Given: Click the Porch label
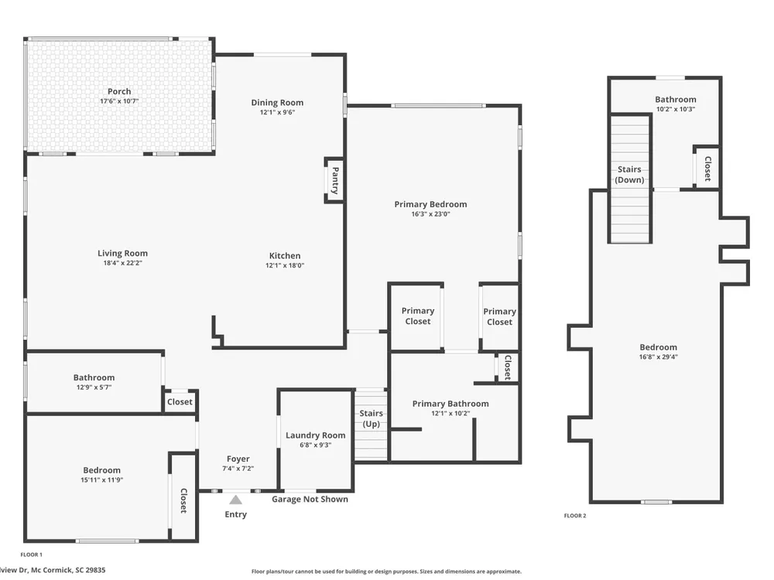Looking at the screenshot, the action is pos(119,91).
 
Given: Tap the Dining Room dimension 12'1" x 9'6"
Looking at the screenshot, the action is pos(277,112).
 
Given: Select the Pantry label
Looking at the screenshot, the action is pos(335,180).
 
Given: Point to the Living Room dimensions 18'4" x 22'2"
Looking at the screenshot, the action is pos(122,263).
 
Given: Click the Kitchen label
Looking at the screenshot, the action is pos(285,255).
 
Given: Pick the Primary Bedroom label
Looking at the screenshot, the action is pos(430,204).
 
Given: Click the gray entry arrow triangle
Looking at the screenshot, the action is pos(236,500).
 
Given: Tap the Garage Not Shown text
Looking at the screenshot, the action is pos(310,499).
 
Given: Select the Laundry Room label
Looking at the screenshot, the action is pos(316,435).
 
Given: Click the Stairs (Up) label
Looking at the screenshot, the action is pos(372,418).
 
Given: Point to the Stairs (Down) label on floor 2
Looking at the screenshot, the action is pos(629,175).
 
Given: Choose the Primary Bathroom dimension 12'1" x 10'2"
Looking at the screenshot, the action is pos(450,413).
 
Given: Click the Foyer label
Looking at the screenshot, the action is pos(238,459).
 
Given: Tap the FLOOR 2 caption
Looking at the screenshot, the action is pos(575,516).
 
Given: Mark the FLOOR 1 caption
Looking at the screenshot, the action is pos(32,554).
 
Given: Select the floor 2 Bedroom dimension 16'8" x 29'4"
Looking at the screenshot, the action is pos(659,357).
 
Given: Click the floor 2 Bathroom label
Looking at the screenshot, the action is pos(676,100).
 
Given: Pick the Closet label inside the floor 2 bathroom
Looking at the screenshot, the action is pos(708,169).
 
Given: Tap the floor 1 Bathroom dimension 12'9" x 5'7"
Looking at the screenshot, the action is pos(94,387).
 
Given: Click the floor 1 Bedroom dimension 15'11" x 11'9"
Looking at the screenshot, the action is pos(101,480).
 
